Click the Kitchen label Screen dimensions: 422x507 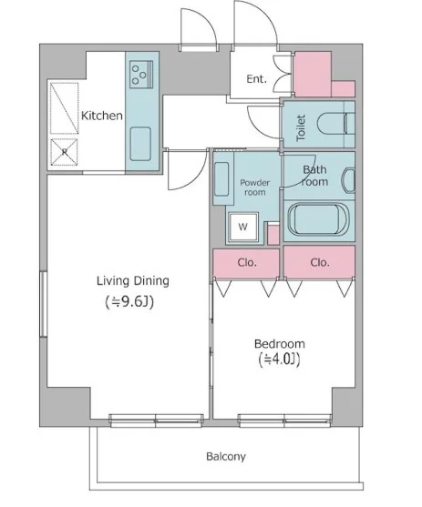102,116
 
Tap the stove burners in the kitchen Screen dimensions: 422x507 141,75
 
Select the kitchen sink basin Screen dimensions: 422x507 140,144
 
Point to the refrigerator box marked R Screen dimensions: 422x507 65,152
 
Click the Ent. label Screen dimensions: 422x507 256,78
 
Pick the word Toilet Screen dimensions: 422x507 301,128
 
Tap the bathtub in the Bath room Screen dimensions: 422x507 319,220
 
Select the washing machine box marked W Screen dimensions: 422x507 243,227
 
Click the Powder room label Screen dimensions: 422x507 255,188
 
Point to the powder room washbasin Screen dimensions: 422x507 221,179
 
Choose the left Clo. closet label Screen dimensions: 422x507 247,262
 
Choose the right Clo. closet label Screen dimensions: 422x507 320,262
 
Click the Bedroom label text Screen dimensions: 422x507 280,343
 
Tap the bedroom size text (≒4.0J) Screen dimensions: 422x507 280,360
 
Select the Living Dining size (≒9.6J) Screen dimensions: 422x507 129,302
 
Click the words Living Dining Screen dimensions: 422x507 133,281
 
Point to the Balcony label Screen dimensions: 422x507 226,457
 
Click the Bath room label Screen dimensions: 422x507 314,176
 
